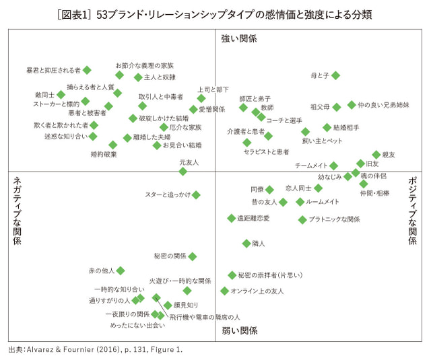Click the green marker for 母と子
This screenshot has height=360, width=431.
335,76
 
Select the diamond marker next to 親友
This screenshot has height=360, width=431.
376,155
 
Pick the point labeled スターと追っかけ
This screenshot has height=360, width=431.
196,195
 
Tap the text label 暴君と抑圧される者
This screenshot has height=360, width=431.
53,70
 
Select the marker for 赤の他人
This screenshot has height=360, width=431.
121,271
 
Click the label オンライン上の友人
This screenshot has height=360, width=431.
257,291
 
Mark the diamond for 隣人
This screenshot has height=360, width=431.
246,244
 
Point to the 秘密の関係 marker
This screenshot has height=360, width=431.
193,256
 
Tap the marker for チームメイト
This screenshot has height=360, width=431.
333,166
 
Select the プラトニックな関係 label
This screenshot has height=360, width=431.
334,219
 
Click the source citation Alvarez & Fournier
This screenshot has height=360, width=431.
95,350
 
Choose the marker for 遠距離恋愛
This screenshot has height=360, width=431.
231,218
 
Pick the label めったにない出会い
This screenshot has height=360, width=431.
137,326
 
